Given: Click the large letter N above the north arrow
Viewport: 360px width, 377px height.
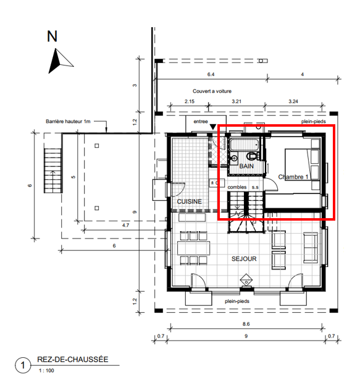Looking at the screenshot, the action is [52, 36].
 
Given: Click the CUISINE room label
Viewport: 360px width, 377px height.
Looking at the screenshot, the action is [189, 201].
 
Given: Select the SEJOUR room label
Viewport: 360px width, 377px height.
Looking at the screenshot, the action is [244, 259].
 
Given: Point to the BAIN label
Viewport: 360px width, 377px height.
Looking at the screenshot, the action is [246, 166].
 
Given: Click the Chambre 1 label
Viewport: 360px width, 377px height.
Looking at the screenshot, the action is [293, 177].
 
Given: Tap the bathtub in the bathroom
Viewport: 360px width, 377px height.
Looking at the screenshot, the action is [245, 144].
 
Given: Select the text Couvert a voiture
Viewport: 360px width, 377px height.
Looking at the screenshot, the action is [212, 91].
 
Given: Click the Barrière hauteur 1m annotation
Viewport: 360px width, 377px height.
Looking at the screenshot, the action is [68, 121].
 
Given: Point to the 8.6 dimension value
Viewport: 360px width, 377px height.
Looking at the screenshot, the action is [246, 324].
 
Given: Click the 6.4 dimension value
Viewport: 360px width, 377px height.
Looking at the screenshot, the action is [211, 74].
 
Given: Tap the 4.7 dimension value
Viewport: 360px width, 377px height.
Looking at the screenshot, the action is [125, 225].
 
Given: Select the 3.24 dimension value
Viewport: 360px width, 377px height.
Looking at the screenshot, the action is [293, 101].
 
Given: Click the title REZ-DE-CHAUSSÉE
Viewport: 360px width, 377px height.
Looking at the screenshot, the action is [73, 360].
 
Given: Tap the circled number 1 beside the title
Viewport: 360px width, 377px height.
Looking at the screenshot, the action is [23, 365].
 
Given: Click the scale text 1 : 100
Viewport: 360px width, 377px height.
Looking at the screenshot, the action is [46, 370].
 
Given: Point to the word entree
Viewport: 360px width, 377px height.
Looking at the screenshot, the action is [201, 121].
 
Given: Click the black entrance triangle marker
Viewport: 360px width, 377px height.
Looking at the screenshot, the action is [213, 127].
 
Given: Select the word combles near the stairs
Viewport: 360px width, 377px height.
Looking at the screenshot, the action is [237, 187].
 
